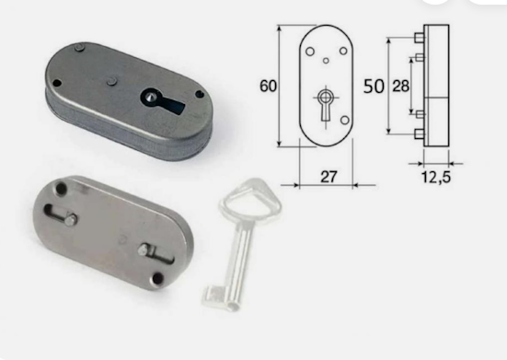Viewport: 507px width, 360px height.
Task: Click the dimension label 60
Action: point(268,86)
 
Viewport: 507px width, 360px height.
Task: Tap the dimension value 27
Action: point(328,177)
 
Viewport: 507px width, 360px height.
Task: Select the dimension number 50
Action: point(374,87)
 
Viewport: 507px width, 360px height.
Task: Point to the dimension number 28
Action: point(400,87)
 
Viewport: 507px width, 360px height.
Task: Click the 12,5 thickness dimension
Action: point(436,177)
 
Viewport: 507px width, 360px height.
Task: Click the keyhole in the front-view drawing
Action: point(325,104)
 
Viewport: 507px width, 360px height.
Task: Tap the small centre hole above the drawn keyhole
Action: point(327,61)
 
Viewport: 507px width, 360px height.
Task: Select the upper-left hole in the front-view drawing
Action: point(310,52)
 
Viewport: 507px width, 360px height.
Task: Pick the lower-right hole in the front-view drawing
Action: point(345,121)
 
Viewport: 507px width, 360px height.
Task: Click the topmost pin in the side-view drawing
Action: point(420,38)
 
